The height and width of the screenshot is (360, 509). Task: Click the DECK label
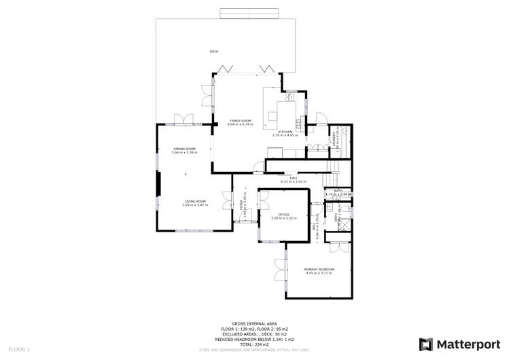(x=214, y=52)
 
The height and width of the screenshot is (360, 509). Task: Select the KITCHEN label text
(x=285, y=131)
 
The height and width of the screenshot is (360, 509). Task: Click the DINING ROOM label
(x=184, y=149)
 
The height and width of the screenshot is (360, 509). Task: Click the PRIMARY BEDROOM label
(x=319, y=270)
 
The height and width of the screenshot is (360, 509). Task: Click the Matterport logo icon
(x=425, y=344)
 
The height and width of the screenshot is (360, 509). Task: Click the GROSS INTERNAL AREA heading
(x=254, y=323)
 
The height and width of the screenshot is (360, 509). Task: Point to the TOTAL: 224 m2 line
(x=254, y=344)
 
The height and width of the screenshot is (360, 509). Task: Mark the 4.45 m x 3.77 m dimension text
(x=319, y=274)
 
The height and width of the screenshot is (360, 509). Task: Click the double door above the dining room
(x=182, y=120)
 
